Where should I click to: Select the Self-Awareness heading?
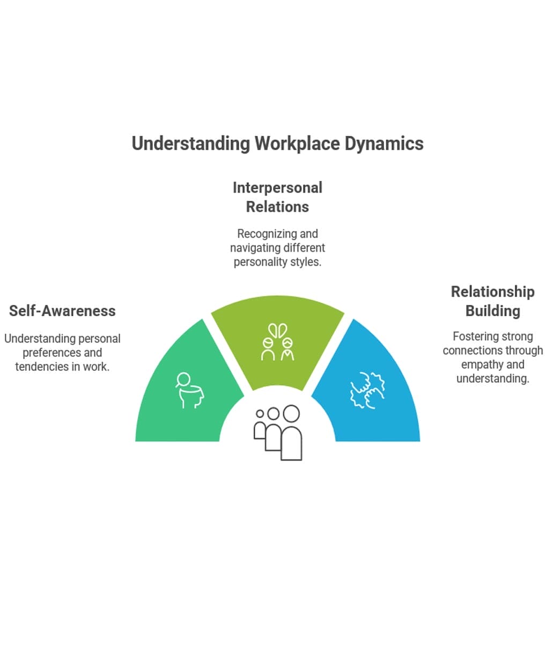pos(62,311)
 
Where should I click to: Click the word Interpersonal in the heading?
pos(277,188)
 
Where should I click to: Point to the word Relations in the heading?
pos(277,207)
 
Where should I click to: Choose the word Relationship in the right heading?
pos(492,291)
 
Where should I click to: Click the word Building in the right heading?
pos(492,311)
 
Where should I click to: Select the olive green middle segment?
pos(277,322)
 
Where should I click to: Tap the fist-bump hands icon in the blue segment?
pos(367,389)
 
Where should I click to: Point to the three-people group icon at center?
pos(278,432)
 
